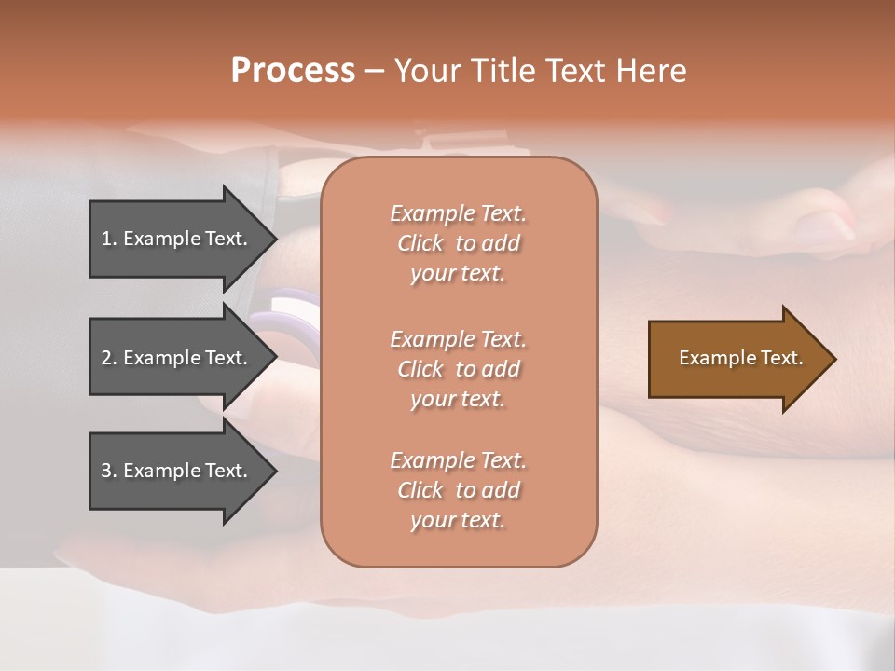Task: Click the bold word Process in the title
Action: click(x=293, y=71)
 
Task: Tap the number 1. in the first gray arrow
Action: click(x=109, y=239)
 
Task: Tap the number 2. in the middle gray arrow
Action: click(x=109, y=358)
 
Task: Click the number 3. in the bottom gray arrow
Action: click(x=109, y=471)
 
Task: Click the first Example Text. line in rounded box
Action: click(x=458, y=213)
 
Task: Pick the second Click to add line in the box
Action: click(x=458, y=369)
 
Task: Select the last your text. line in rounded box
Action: click(x=458, y=521)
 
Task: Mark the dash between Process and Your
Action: click(x=374, y=71)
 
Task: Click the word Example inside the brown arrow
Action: click(x=712, y=358)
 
